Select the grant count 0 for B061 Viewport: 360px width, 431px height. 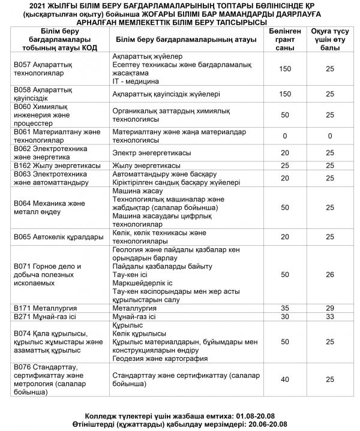(x=285, y=136)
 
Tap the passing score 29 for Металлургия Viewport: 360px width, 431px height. (x=329, y=308)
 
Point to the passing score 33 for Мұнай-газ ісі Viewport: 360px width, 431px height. (x=329, y=316)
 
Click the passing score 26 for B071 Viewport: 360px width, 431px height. (x=329, y=274)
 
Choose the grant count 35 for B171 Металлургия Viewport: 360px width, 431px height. (x=285, y=308)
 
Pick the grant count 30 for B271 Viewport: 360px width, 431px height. (x=285, y=316)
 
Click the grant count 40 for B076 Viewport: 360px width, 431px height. (x=285, y=379)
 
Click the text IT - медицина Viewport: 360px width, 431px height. (x=136, y=80)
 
